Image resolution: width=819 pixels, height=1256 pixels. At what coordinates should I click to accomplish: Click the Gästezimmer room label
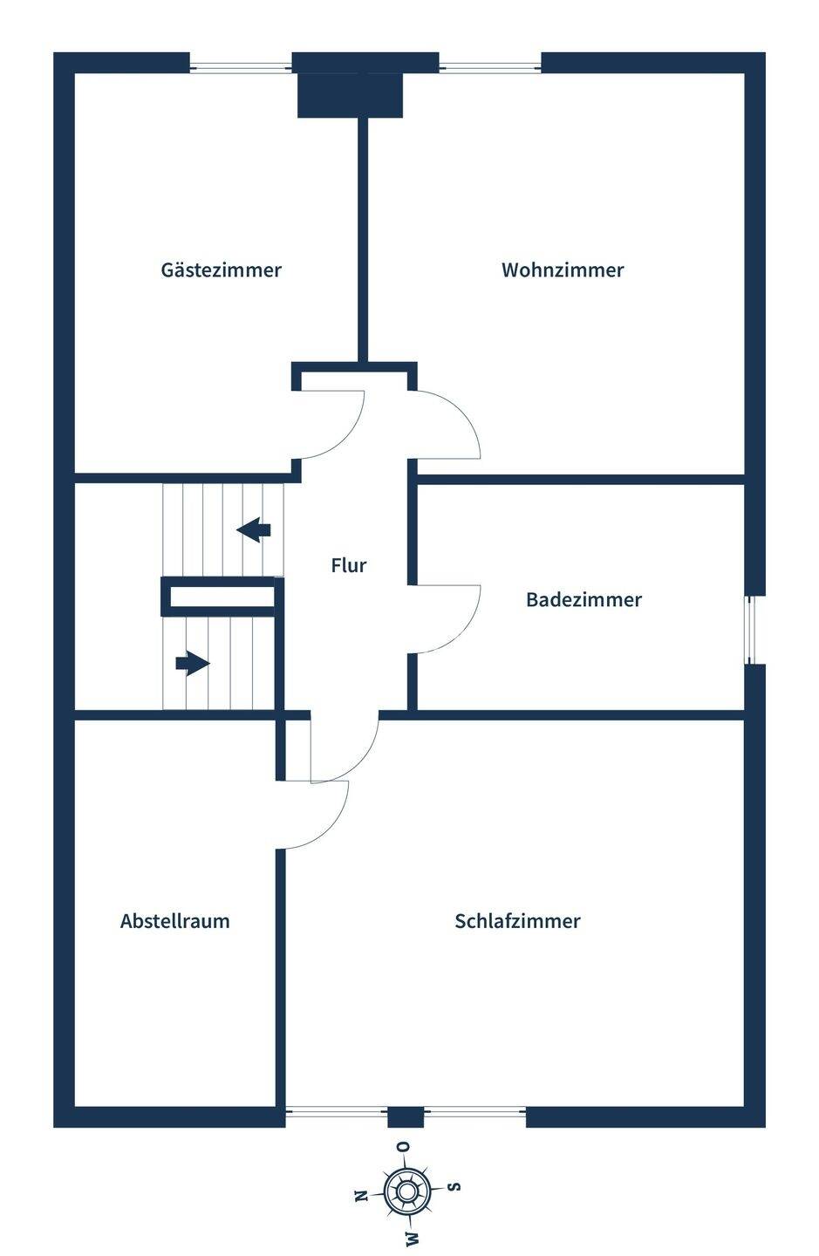point(221,270)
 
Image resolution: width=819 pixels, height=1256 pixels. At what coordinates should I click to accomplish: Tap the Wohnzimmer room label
point(563,270)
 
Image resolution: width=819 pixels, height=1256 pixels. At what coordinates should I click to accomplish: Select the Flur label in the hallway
point(349,564)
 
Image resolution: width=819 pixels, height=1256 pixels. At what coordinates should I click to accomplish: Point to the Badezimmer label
point(584,599)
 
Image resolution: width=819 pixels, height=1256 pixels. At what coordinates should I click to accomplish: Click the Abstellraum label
point(175,921)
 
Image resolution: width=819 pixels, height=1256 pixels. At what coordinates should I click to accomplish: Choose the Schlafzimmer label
point(517,921)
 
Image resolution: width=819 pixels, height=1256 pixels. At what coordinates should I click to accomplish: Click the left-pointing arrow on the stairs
point(254,530)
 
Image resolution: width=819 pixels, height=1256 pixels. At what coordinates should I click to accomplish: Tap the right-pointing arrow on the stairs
point(193,663)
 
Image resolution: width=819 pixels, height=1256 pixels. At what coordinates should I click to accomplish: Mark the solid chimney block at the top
point(350,95)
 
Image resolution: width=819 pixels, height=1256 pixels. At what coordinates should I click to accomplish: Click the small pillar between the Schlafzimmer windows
point(406,1117)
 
